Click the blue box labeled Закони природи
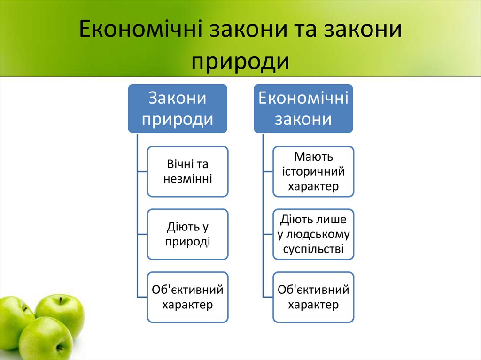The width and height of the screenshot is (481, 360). click(178, 108)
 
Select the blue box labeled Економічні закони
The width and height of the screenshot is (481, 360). click(303, 108)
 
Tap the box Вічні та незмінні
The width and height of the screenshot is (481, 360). click(188, 171)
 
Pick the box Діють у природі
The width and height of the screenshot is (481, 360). click(188, 234)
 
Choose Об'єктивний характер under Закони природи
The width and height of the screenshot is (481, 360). click(188, 297)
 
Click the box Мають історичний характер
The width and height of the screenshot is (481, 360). click(313, 171)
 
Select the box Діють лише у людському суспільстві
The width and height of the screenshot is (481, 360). click(313, 234)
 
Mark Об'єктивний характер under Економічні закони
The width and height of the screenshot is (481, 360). click(313, 297)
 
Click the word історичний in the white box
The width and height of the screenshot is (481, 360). click(313, 171)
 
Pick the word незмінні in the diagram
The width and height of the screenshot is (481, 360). click(188, 179)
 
